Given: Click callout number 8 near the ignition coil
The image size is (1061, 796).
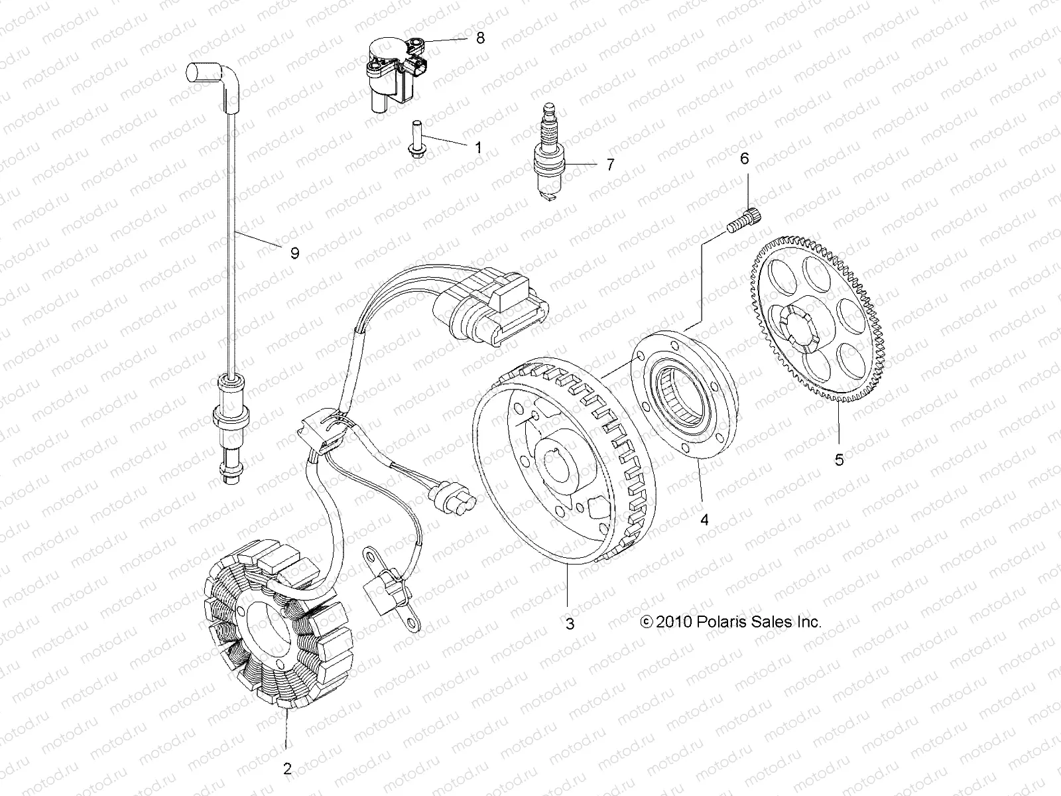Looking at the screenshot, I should tap(480, 38).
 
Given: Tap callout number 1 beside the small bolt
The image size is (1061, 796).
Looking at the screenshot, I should tap(497, 147).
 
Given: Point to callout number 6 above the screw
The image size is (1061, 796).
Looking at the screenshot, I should tap(744, 159).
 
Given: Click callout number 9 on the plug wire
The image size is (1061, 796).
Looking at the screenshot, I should tap(294, 253).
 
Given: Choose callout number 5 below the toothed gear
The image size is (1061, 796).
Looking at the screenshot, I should tap(839, 459).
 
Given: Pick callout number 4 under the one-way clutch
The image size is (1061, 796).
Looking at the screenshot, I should tap(704, 521).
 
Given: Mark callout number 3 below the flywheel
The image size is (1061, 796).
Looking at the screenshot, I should tap(570, 623).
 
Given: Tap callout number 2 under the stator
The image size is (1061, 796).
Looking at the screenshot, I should tap(286, 769).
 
